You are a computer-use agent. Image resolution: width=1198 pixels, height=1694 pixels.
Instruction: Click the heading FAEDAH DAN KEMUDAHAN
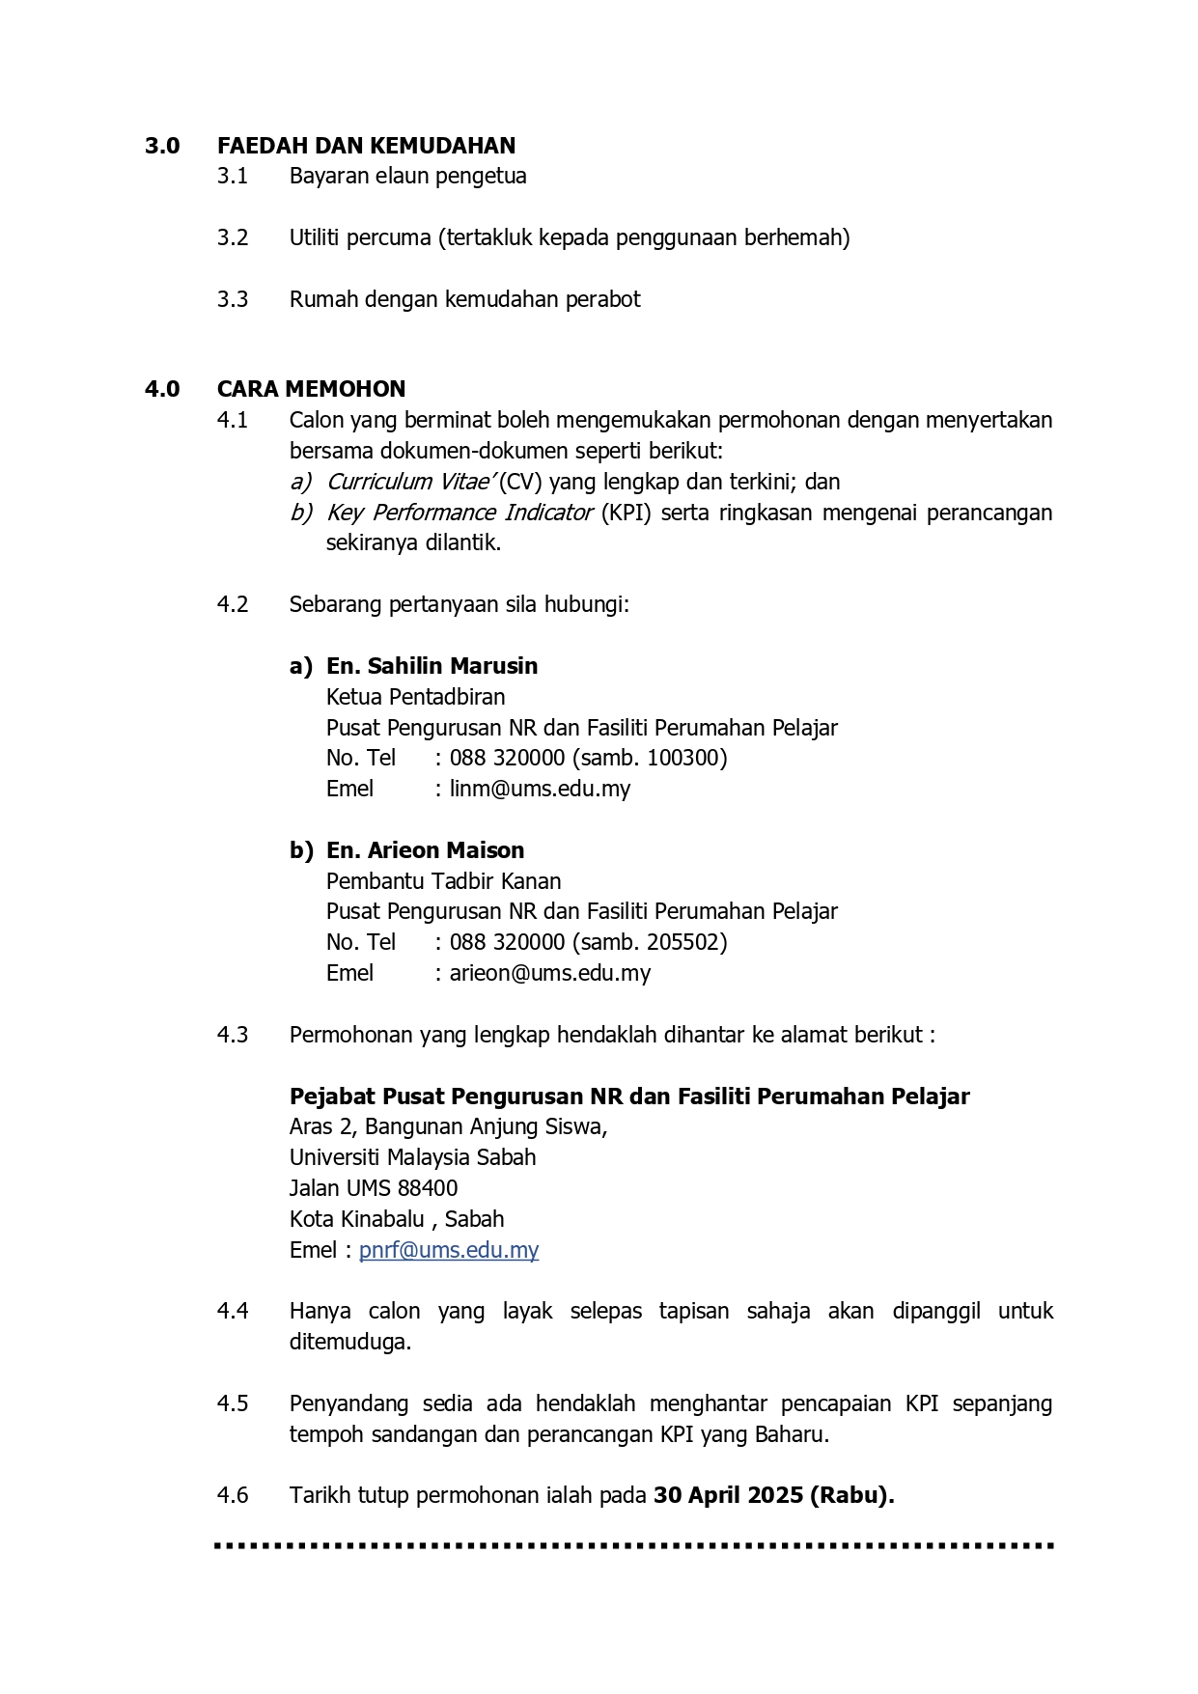(366, 146)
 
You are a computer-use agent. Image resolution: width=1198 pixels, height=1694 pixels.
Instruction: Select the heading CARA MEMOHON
(311, 389)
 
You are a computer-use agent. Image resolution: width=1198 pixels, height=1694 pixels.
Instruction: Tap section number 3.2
(233, 237)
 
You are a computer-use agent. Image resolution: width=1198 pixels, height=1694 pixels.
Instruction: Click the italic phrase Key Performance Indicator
(459, 513)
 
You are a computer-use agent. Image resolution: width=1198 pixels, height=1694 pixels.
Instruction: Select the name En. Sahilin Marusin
(432, 666)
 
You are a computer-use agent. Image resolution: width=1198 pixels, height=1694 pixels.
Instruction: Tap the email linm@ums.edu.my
(540, 789)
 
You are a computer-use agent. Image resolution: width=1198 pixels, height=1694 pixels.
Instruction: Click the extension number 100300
(685, 758)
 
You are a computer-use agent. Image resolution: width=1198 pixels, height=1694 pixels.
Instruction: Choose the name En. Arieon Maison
(425, 850)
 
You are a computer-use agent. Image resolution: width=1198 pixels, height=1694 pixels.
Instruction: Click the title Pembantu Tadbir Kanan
(443, 881)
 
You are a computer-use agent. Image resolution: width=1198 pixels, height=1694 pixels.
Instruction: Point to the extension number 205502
(685, 942)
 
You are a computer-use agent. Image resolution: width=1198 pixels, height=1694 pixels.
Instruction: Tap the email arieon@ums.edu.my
(549, 973)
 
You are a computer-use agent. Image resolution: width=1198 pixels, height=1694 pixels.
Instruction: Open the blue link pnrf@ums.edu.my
(449, 1250)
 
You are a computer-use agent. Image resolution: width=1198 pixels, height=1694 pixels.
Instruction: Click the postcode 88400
(428, 1188)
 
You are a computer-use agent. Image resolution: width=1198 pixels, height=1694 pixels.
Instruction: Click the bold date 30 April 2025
(728, 1495)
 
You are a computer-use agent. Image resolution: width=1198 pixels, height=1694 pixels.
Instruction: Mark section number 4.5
(233, 1403)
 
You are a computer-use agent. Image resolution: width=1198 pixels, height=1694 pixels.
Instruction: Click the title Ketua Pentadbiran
(415, 697)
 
